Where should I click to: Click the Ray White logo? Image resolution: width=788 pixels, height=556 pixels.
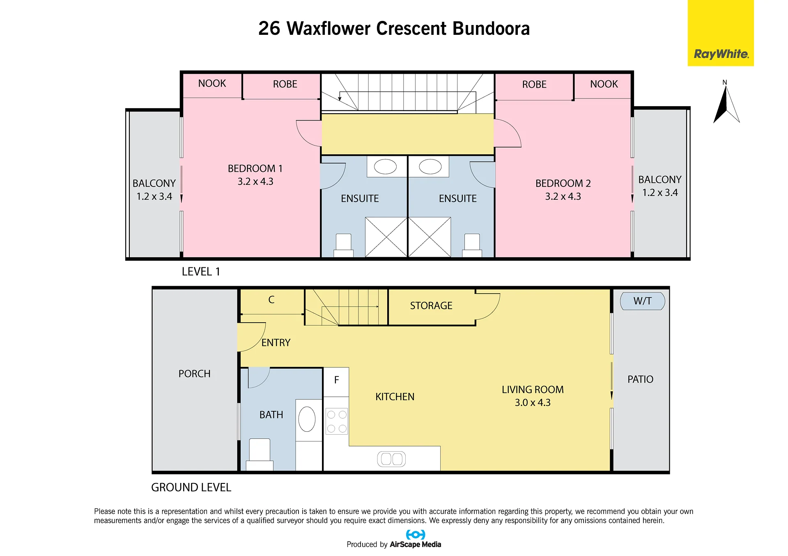721,33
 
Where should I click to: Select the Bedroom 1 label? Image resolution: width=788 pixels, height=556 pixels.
255,169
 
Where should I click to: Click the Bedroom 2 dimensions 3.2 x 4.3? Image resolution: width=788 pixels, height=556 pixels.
563,196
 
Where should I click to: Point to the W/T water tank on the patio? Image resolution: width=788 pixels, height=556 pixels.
642,301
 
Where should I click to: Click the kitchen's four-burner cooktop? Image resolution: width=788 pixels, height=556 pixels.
337,421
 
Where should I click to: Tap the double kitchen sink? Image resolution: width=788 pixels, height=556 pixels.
391,459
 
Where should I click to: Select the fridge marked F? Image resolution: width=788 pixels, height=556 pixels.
336,382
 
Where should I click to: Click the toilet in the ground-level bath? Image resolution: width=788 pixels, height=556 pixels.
260,455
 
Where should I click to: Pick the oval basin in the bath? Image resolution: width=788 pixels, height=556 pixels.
307,419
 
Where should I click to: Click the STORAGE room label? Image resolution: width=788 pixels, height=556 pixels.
431,305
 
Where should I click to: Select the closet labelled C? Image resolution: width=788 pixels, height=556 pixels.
272,301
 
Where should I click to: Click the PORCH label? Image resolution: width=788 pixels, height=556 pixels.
194,374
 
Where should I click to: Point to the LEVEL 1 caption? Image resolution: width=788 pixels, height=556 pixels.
201,271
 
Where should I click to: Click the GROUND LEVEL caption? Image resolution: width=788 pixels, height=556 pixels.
191,487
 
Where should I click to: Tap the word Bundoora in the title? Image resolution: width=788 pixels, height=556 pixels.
491,28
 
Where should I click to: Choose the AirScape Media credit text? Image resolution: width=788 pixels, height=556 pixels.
415,544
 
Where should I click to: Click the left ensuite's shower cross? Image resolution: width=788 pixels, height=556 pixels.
386,237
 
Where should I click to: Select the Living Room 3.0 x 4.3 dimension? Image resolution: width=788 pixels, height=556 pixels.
533,403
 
